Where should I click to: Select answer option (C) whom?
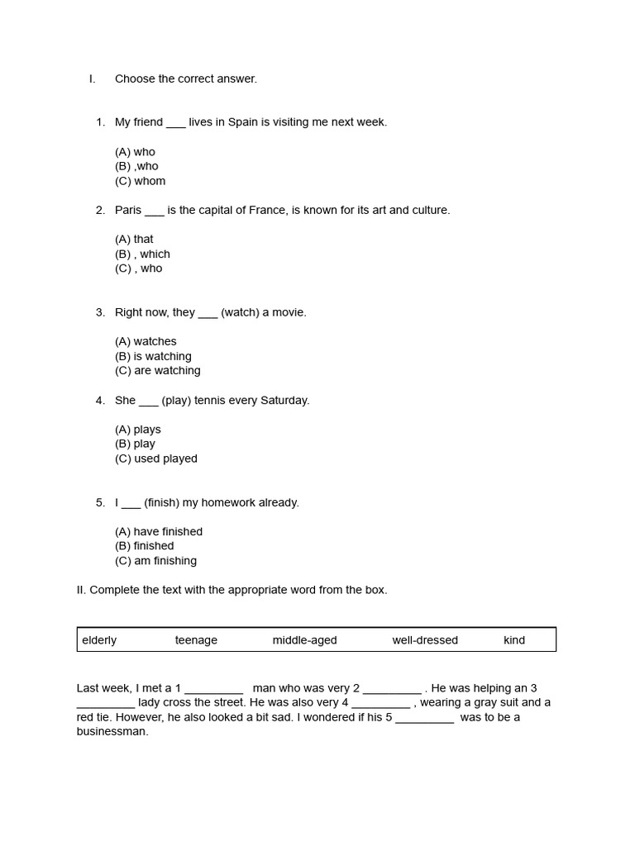pyautogui.click(x=140, y=181)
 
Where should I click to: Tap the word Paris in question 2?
pyautogui.click(x=128, y=210)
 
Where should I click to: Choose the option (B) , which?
pyautogui.click(x=142, y=254)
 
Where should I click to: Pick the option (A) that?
pyautogui.click(x=134, y=240)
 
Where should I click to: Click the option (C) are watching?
pyautogui.click(x=157, y=371)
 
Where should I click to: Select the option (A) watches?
pyautogui.click(x=146, y=341)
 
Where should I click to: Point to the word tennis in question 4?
pyautogui.click(x=212, y=400)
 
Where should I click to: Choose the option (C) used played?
pyautogui.click(x=155, y=459)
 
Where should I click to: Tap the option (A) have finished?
pyautogui.click(x=159, y=531)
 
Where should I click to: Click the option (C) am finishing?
pyautogui.click(x=155, y=561)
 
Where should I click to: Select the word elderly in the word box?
pyautogui.click(x=99, y=640)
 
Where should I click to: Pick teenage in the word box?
pyautogui.click(x=196, y=640)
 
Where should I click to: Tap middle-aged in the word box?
pyautogui.click(x=304, y=640)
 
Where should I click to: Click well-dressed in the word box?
pyautogui.click(x=425, y=640)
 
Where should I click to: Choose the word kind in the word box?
pyautogui.click(x=514, y=640)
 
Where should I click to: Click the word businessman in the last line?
pyautogui.click(x=112, y=732)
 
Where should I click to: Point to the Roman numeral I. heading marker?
pyautogui.click(x=92, y=79)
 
